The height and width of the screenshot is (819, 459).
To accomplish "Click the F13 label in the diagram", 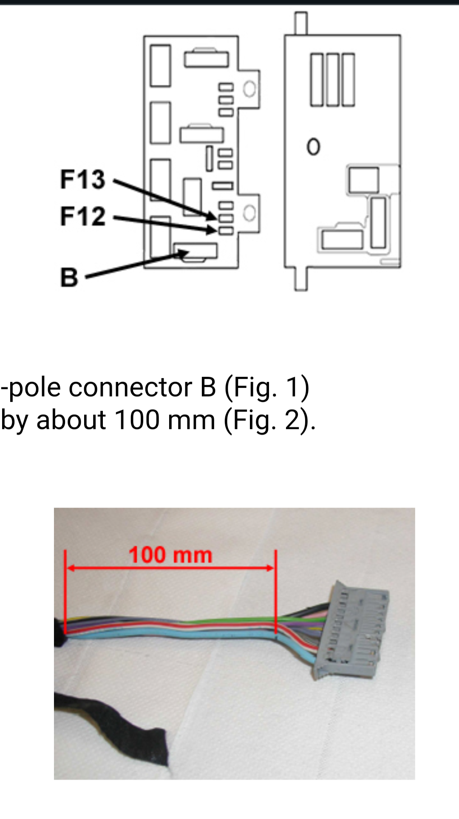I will click(82, 179).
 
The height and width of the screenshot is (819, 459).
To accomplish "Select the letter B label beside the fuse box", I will click(69, 277).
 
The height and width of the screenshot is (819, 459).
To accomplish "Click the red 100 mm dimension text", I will click(170, 555).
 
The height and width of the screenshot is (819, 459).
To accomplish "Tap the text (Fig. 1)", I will click(267, 387).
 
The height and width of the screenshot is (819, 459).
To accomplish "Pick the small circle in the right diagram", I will click(313, 147).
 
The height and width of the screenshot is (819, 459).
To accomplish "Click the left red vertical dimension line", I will click(65, 591).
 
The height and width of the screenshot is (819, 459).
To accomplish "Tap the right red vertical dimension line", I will click(276, 591).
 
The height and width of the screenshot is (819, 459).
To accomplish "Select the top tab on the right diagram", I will click(301, 23).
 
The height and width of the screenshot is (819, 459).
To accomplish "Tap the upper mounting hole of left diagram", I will click(249, 89).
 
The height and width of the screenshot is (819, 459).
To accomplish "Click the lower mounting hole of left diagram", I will click(249, 213).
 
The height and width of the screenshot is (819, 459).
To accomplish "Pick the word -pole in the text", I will click(31, 387).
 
